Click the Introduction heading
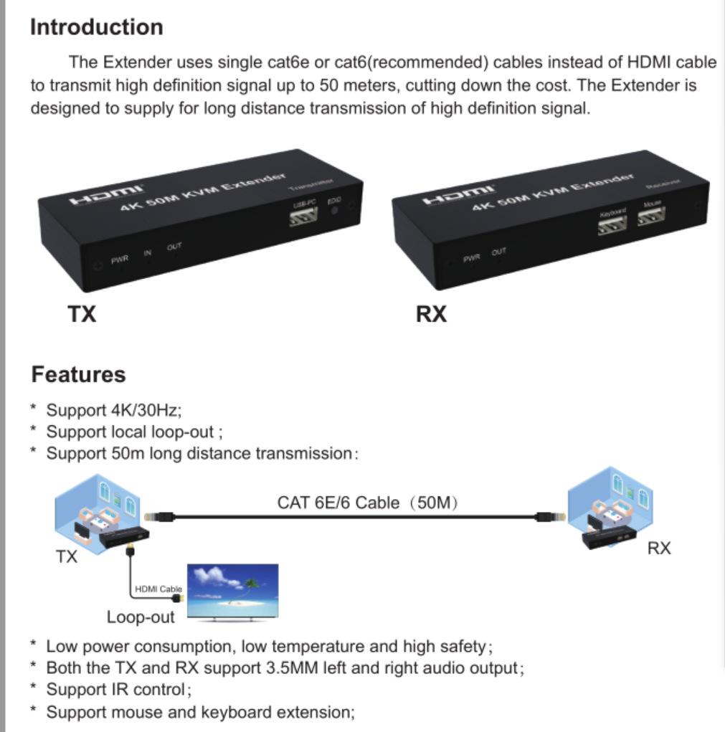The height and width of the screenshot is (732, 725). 96,27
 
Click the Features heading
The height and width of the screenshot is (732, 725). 78,374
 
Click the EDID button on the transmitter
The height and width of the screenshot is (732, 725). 334,211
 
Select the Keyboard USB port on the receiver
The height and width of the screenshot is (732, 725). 612,224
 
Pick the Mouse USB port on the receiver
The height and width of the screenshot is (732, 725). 651,216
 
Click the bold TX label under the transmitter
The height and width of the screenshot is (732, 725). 82,314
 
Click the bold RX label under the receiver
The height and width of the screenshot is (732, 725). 431,314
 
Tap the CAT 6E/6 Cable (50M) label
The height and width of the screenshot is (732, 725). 367,503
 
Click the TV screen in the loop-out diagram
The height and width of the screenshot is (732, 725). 232,590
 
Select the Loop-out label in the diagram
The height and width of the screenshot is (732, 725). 141,617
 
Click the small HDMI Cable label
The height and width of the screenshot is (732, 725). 158,589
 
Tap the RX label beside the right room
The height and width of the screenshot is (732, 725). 658,548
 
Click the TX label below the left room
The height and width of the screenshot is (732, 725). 66,556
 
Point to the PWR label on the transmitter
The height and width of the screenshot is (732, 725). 119,260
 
